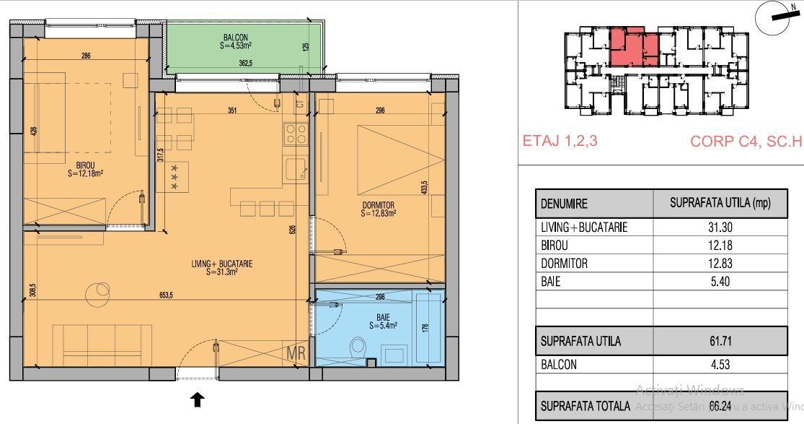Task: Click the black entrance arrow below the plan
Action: [197, 399]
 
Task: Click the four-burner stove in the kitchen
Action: [296, 134]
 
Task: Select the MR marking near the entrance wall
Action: [296, 354]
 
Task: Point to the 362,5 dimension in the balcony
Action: [246, 64]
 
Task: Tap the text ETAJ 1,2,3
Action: [560, 141]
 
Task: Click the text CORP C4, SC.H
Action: [746, 141]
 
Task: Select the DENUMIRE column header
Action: [564, 204]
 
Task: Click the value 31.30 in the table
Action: [720, 228]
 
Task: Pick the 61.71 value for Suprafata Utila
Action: [720, 341]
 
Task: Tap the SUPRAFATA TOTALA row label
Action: [586, 407]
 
